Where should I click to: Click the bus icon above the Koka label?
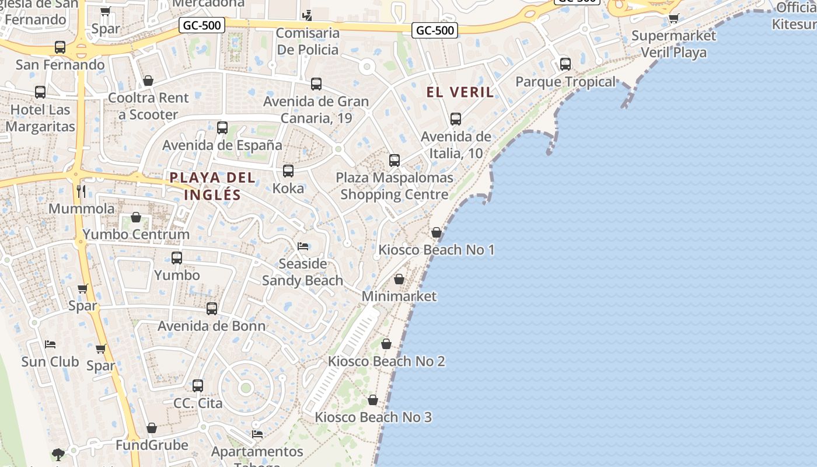[288, 171]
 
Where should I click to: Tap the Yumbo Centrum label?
[136, 234]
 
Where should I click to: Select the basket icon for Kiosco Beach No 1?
[436, 232]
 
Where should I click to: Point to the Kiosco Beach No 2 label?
[386, 361]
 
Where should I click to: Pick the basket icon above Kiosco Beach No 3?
[373, 400]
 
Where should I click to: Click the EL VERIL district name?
[460, 92]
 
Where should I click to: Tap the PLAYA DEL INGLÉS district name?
[212, 186]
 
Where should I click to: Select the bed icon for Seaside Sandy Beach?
[303, 246]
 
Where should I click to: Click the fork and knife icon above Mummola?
[81, 191]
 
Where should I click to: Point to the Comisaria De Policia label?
[308, 41]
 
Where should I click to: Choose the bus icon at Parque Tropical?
[565, 64]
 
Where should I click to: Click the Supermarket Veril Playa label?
[673, 44]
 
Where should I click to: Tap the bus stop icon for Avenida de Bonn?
[212, 308]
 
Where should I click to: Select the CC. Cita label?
[198, 403]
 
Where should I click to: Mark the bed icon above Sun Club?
[50, 344]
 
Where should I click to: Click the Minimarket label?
[399, 296]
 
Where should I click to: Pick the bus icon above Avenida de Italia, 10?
[456, 119]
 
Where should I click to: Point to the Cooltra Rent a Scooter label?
[148, 106]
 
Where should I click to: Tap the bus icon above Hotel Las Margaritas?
[40, 92]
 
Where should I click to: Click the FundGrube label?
[152, 445]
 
